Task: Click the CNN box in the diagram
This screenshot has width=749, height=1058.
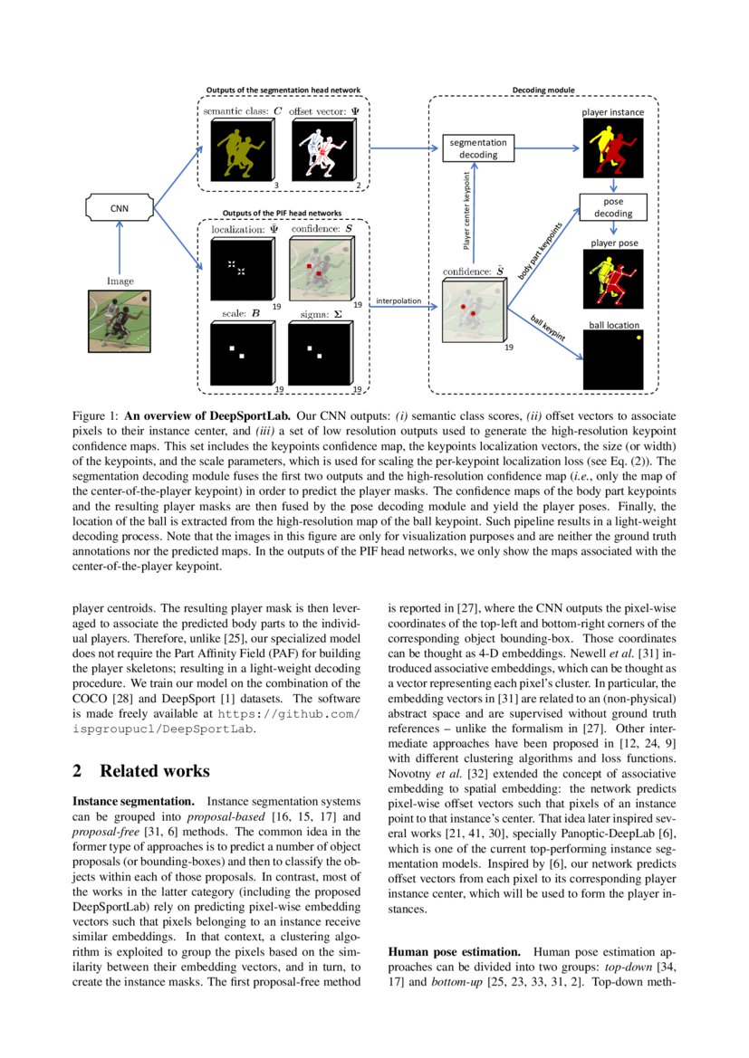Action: tap(119, 207)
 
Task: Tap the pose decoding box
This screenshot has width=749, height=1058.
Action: tap(613, 207)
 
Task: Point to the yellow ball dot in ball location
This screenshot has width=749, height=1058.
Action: tap(639, 338)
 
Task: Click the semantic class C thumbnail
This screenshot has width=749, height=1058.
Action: tap(239, 149)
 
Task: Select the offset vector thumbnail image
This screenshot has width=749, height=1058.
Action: tap(319, 149)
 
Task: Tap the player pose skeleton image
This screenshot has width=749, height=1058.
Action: tap(613, 279)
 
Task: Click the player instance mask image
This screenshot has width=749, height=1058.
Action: tap(613, 148)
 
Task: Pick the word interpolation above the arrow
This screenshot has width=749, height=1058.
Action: tap(399, 300)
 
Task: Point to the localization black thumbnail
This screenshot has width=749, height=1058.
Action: tap(239, 270)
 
